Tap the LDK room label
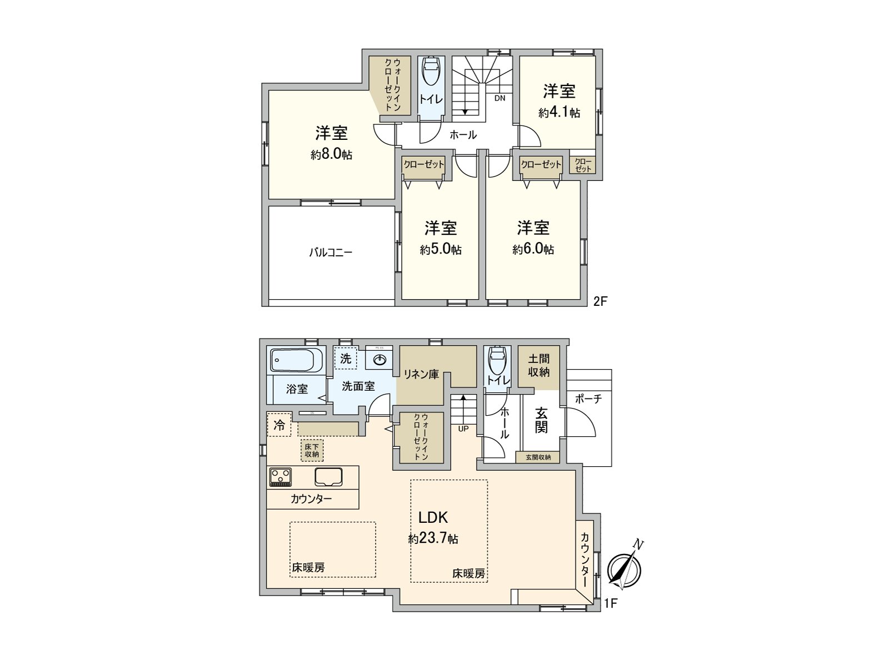433,517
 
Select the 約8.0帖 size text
331,155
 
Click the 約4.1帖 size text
559,113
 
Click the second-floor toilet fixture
431,71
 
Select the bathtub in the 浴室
297,361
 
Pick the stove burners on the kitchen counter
281,477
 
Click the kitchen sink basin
329,476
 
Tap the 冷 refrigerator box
279,425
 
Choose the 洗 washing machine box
346,359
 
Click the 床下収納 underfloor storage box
312,450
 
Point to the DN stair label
500,98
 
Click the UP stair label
463,428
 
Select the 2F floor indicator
601,301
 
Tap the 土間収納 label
538,366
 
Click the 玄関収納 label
538,457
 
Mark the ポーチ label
588,398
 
